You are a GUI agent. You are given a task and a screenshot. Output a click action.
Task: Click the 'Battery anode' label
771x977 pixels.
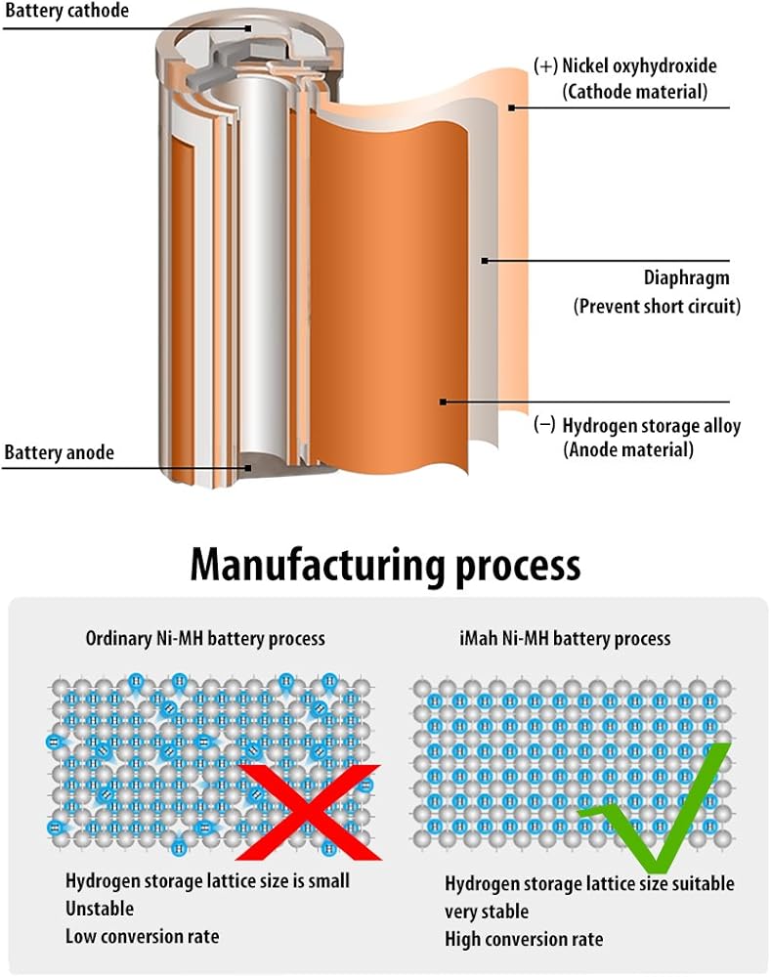(60, 452)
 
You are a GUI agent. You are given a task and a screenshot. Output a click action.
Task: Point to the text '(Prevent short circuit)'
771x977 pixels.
(657, 306)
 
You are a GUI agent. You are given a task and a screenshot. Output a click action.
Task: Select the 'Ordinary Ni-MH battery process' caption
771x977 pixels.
(205, 639)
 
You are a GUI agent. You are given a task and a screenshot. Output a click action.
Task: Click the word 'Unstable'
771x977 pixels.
(100, 909)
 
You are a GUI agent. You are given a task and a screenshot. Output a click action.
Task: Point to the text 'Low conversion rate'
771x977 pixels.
(143, 936)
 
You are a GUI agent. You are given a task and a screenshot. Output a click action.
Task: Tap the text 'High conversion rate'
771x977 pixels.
(524, 940)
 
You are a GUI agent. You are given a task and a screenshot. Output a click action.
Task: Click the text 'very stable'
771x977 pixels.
(487, 912)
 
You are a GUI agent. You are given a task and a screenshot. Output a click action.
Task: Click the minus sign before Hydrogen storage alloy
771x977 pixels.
(545, 426)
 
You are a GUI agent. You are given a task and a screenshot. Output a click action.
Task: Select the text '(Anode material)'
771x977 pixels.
(628, 450)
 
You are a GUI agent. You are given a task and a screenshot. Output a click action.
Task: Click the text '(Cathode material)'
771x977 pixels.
(634, 92)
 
